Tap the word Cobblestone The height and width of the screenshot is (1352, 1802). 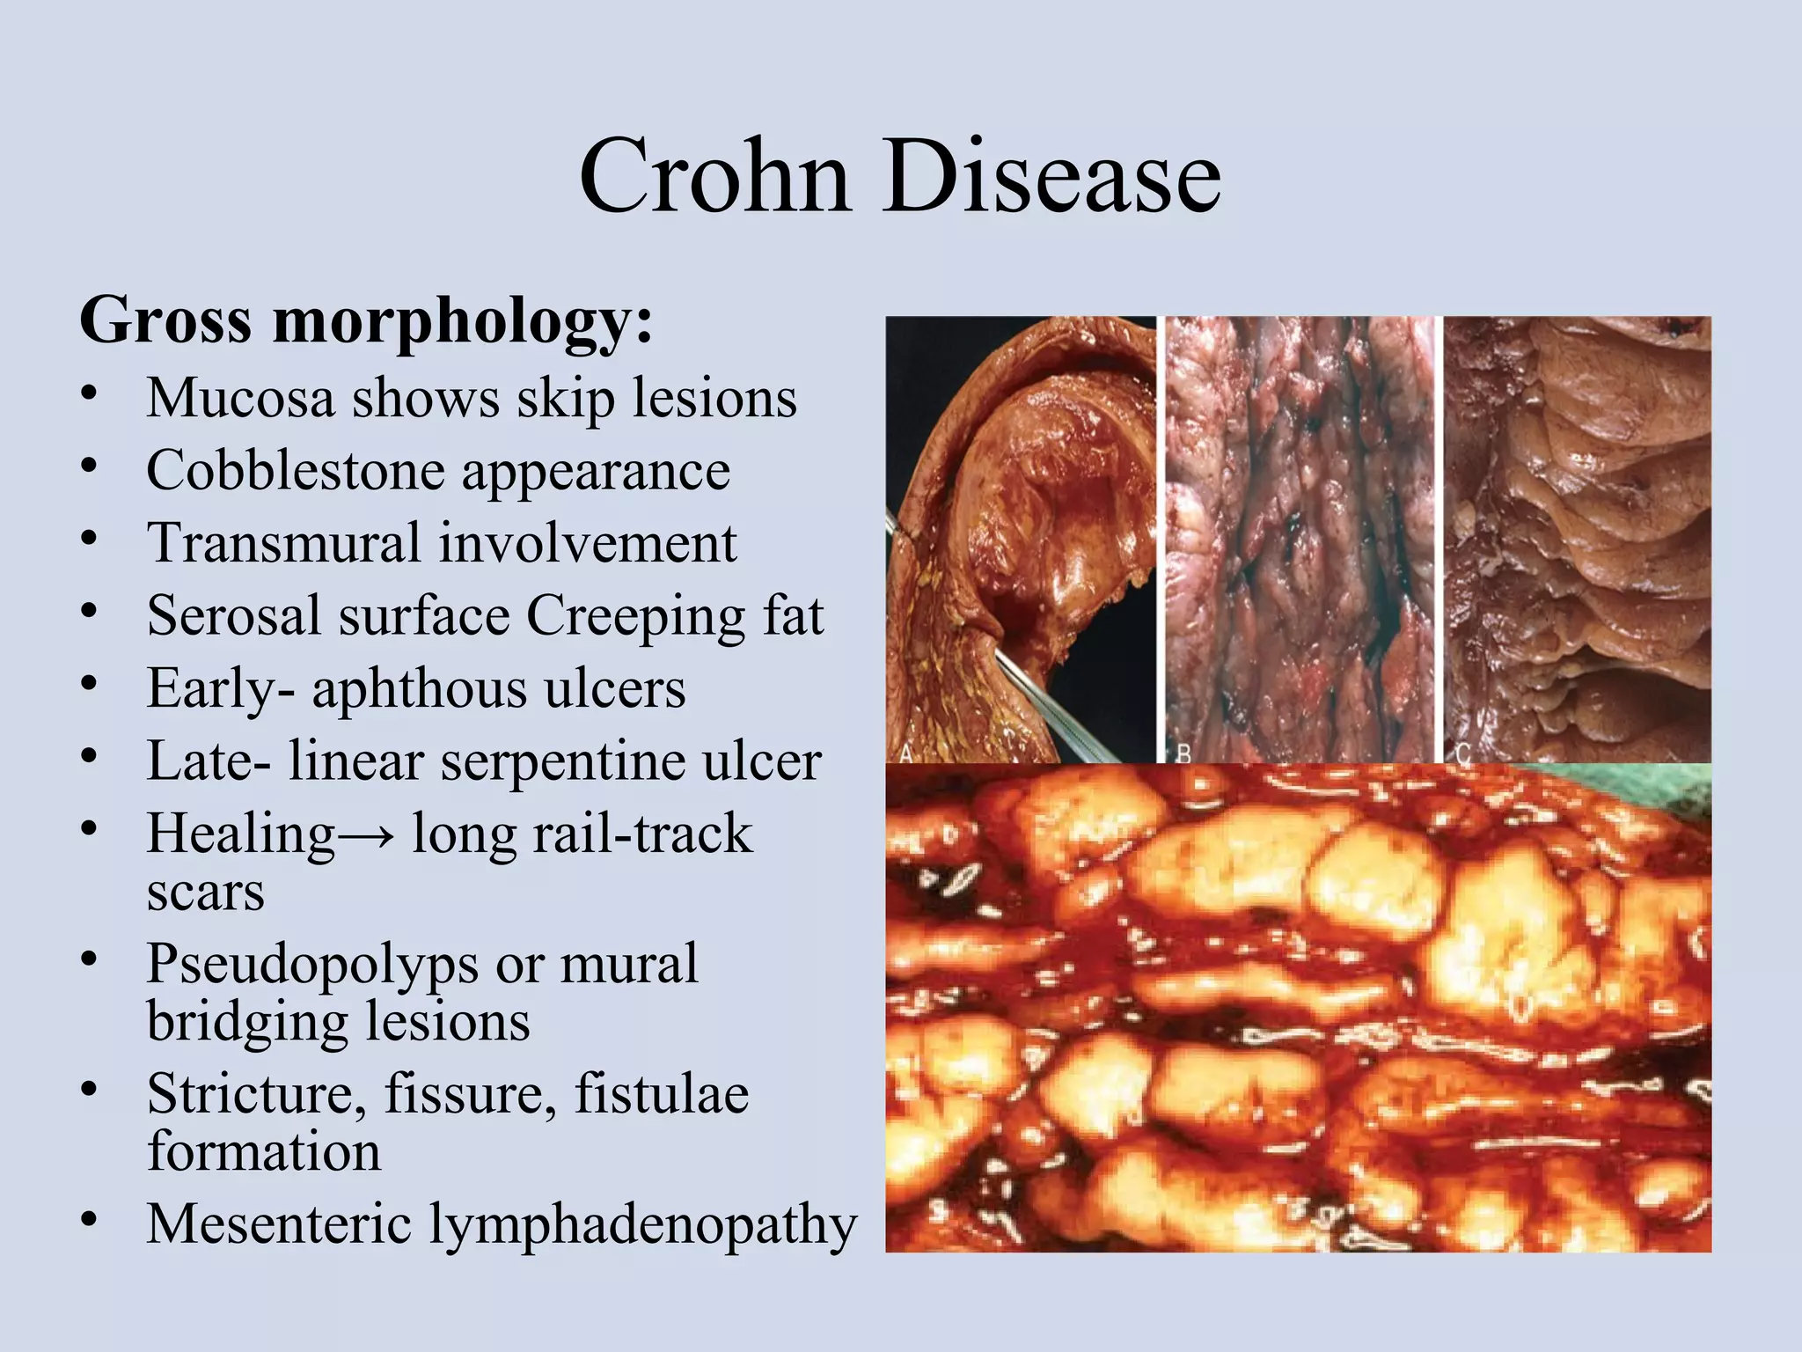click(296, 471)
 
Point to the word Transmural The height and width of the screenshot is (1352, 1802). click(284, 542)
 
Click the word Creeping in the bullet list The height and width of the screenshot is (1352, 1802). click(636, 616)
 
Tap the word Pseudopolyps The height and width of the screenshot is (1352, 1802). click(311, 965)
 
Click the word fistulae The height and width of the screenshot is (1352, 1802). click(662, 1094)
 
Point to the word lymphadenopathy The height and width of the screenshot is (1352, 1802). click(642, 1225)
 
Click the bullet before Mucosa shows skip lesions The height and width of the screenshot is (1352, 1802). click(88, 396)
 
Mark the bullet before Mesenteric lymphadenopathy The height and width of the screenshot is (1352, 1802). click(88, 1221)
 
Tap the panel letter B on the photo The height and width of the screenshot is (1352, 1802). click(1184, 753)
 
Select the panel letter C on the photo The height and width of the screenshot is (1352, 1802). click(1463, 753)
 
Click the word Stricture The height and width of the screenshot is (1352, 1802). click(256, 1094)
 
